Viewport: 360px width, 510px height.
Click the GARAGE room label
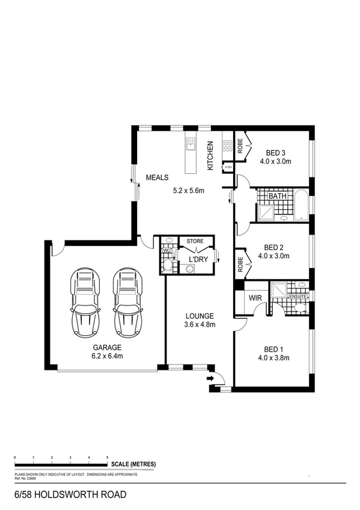coord(107,348)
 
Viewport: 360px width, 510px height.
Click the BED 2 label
coord(273,247)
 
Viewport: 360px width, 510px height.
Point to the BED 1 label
coord(273,349)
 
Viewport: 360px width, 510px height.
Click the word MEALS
coord(157,177)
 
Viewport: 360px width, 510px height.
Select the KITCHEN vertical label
coord(210,156)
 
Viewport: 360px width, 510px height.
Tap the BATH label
coord(277,196)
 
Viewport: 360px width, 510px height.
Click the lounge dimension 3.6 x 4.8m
coord(200,325)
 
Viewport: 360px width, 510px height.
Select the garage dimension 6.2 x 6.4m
coord(107,356)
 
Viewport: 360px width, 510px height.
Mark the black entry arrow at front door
coord(209,378)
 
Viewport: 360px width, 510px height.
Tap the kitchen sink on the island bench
coord(191,144)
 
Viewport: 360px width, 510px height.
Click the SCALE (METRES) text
coord(133,464)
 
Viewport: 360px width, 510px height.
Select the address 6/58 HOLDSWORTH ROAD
coord(70,495)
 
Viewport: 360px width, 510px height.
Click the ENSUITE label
coord(298,296)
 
